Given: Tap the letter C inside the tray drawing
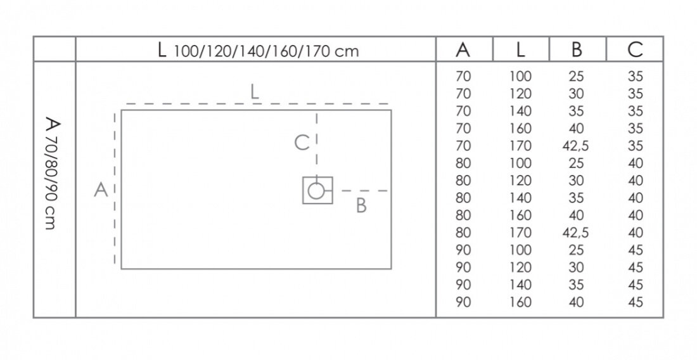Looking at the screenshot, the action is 302,143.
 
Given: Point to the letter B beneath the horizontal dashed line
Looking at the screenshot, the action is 361,205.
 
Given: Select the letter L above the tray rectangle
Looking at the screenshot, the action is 254,91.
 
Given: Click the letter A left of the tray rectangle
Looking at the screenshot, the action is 101,190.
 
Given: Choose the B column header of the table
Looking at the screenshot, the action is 577,49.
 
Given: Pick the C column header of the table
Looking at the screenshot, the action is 635,49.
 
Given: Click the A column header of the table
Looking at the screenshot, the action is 463,49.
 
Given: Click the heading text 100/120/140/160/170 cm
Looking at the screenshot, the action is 266,51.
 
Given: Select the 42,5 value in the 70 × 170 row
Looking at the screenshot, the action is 575,146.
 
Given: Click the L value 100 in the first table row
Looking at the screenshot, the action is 520,77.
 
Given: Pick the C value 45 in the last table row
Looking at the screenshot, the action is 636,302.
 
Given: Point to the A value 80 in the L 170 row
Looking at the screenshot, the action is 463,233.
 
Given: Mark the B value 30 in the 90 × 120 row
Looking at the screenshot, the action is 576,267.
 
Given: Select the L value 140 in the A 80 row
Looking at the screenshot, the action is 520,198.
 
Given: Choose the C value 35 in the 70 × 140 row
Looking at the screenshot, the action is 636,111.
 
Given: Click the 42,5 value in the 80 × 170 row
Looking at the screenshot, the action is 575,233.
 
